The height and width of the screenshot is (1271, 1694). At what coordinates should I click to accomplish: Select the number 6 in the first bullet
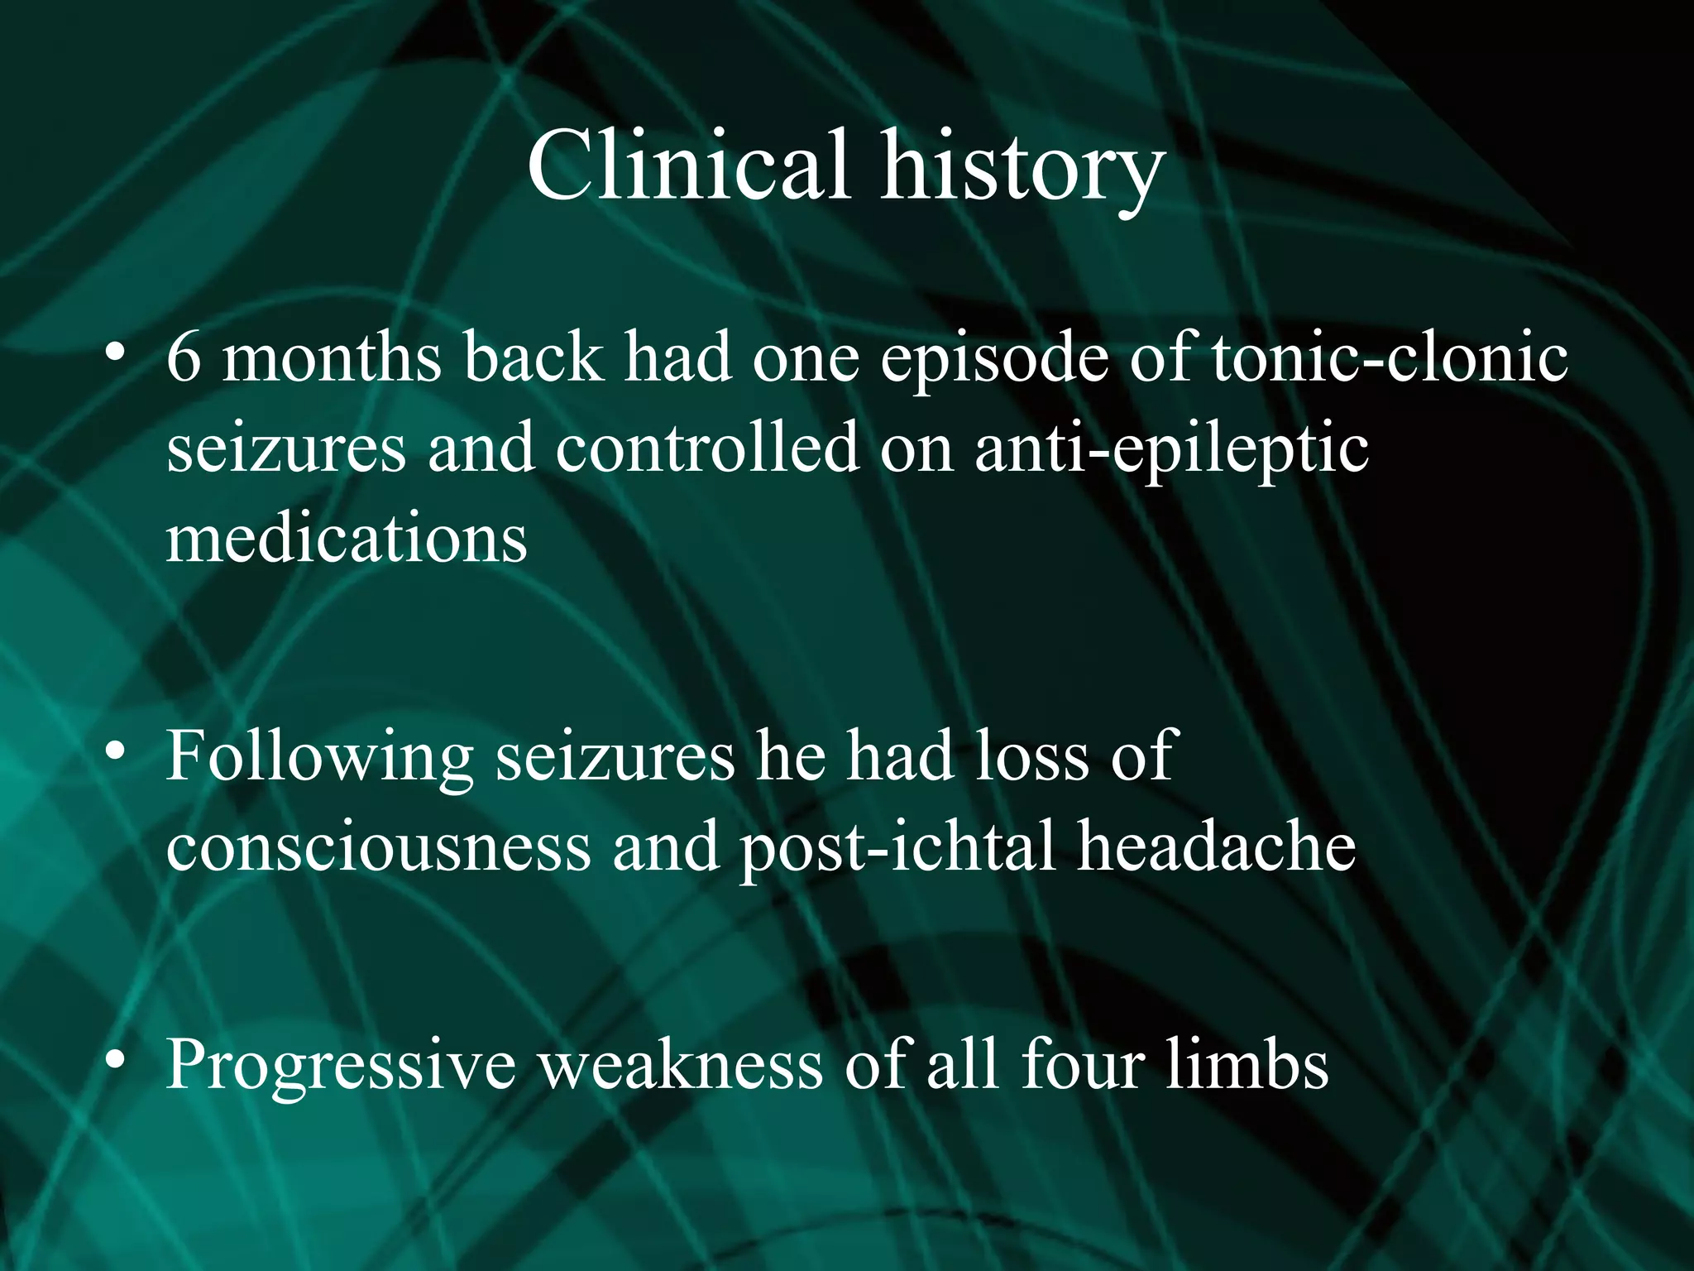pyautogui.click(x=184, y=357)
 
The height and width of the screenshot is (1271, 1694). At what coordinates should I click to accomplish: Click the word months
pyautogui.click(x=331, y=357)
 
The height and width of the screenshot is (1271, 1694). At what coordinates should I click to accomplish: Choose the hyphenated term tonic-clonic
pyautogui.click(x=1390, y=357)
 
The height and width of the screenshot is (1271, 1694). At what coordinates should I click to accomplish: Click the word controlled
pyautogui.click(x=707, y=448)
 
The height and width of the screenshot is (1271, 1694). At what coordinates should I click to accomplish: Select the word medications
pyautogui.click(x=347, y=539)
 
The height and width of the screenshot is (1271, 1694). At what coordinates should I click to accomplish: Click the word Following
pyautogui.click(x=319, y=758)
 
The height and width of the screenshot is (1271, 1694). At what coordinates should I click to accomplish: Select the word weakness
pyautogui.click(x=681, y=1064)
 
